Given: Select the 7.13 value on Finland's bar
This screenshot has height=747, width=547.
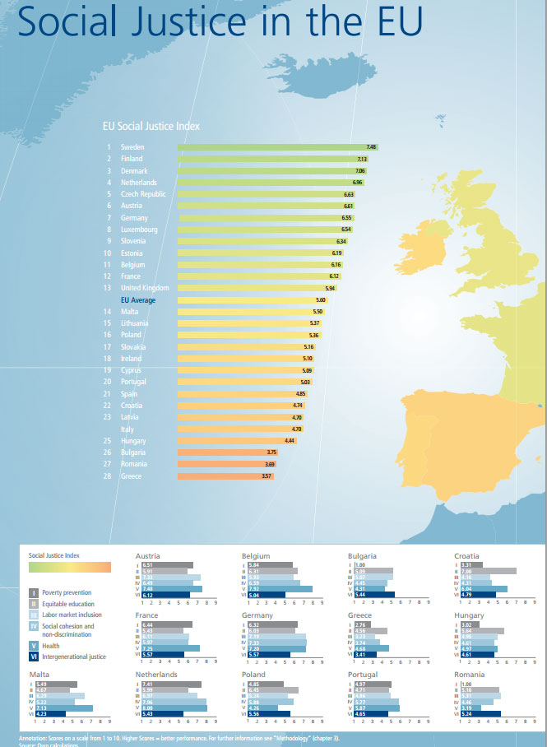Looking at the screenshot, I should (361, 159).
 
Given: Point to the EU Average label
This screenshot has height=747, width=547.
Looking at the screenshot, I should (138, 300).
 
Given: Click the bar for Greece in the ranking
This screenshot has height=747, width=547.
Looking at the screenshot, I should (225, 476).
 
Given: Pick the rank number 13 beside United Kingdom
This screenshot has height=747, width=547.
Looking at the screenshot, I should (108, 288).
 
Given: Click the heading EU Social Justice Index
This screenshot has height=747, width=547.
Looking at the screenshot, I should (151, 127).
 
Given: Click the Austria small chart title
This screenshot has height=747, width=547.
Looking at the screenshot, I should (148, 556).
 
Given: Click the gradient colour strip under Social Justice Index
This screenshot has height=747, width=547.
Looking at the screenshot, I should (69, 567).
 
